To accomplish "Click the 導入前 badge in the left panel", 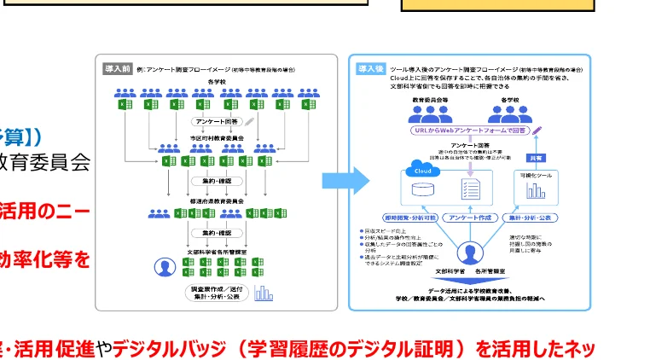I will pos(117,68).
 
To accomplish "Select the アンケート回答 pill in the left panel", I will pos(218,122).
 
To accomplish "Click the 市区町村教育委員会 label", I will pos(217,137).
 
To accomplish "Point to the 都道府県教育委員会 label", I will pos(217,201).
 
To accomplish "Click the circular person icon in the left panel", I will pos(164,267).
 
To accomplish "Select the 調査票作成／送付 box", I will pos(218,290).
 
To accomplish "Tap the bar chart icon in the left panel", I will pos(264,293).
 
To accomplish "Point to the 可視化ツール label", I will pos(537,175).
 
